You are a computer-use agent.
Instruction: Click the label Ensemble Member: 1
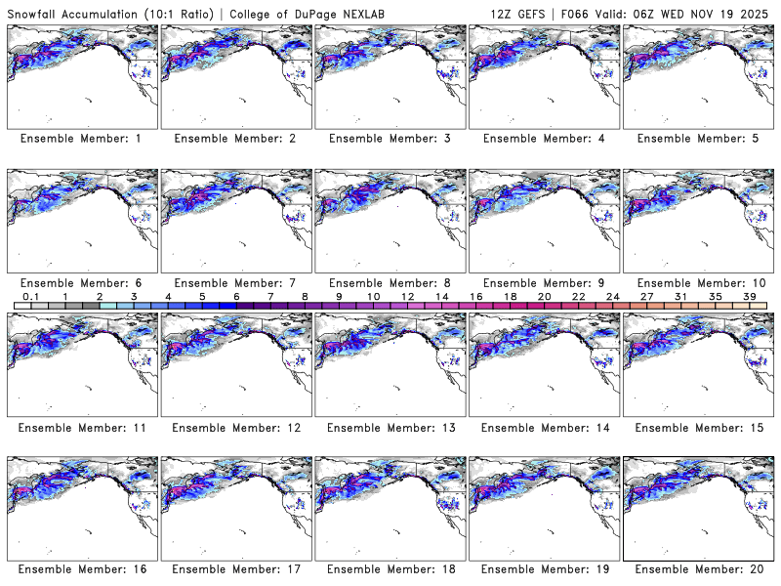[x=81, y=139]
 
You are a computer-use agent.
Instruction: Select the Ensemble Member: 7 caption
[x=235, y=282]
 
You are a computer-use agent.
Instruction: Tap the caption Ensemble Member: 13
[x=390, y=427]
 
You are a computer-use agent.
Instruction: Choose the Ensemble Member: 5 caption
[x=698, y=139]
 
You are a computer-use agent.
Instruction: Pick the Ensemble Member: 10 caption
[x=698, y=282]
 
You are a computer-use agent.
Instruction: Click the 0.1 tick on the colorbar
[x=31, y=297]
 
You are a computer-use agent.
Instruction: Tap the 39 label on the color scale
[x=749, y=297]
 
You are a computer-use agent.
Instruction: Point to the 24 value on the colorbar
[x=612, y=297]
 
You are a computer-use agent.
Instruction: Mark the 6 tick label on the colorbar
[x=236, y=297]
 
